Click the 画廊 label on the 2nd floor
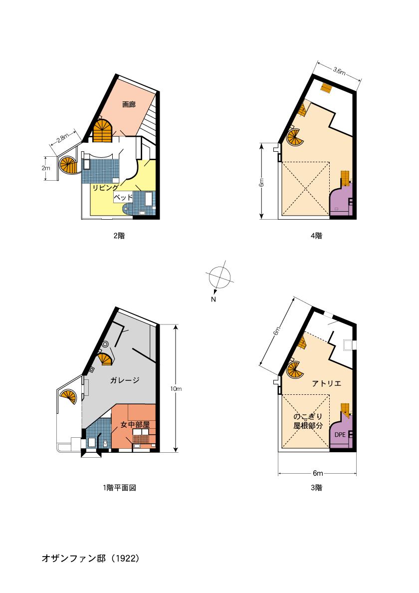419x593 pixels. [x=129, y=104]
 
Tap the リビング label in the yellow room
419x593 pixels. [x=105, y=188]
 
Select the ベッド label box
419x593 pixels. [x=123, y=197]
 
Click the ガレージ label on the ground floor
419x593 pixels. [x=125, y=380]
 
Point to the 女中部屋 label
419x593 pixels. [x=135, y=425]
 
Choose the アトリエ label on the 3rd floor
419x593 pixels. [x=326, y=383]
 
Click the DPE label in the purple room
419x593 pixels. [x=340, y=435]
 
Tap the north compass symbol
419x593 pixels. [x=219, y=277]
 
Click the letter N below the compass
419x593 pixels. [x=213, y=299]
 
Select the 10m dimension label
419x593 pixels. [x=176, y=389]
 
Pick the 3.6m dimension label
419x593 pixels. [x=339, y=71]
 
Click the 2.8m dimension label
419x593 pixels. [x=63, y=138]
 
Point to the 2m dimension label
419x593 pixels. [x=46, y=168]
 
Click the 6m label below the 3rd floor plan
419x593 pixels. [x=318, y=473]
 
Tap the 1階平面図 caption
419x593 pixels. [x=119, y=488]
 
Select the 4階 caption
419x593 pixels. [x=316, y=236]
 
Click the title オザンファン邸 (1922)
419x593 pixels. [x=91, y=558]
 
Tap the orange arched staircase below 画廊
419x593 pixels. [x=103, y=131]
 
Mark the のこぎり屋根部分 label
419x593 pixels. [x=308, y=421]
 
